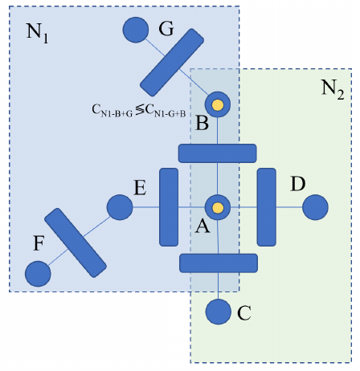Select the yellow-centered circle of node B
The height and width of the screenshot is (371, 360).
(x=218, y=104)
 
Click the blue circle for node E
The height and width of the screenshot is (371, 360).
(x=120, y=206)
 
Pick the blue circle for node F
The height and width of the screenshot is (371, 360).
(x=38, y=274)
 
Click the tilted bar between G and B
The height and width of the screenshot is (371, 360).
(x=173, y=62)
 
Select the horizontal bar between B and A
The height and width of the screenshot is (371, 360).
(x=217, y=153)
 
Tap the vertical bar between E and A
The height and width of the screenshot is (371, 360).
(x=169, y=206)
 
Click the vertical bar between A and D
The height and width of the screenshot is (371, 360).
(x=267, y=206)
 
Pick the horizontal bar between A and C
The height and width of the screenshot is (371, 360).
(x=218, y=263)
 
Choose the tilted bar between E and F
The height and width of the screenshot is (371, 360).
(x=76, y=242)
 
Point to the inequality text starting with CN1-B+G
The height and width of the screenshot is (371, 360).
(x=138, y=112)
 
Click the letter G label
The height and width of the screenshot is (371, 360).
(x=166, y=30)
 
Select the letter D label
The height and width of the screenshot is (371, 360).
(x=297, y=184)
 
